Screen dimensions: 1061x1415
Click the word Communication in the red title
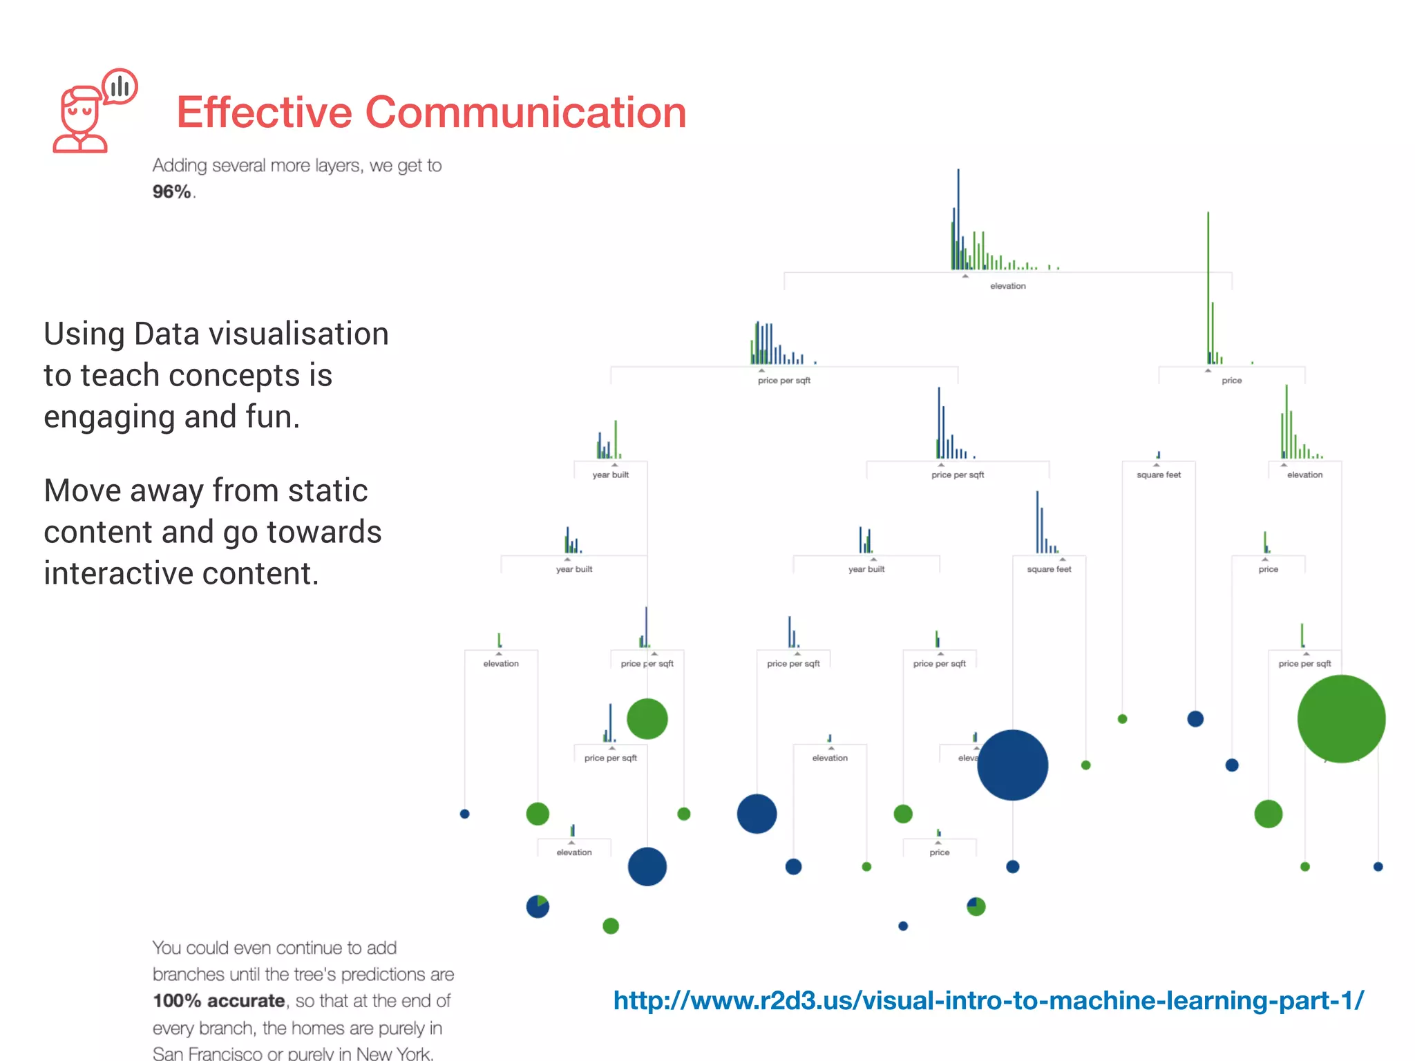[525, 113]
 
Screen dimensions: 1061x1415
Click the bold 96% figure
[171, 192]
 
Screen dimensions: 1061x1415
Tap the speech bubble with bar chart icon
[120, 86]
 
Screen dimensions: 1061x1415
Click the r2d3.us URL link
[988, 1000]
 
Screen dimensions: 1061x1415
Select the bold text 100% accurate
[218, 1001]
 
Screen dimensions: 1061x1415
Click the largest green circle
[1340, 719]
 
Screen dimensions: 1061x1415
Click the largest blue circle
[1012, 765]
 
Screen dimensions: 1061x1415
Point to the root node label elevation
[1007, 286]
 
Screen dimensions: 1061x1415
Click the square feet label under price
[1159, 475]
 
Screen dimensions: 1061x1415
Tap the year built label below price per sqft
[610, 475]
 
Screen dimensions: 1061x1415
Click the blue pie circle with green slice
[538, 906]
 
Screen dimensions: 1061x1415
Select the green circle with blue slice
[976, 906]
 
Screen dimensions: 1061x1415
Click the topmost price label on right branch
[1231, 381]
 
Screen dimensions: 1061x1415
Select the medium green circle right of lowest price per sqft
[647, 719]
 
